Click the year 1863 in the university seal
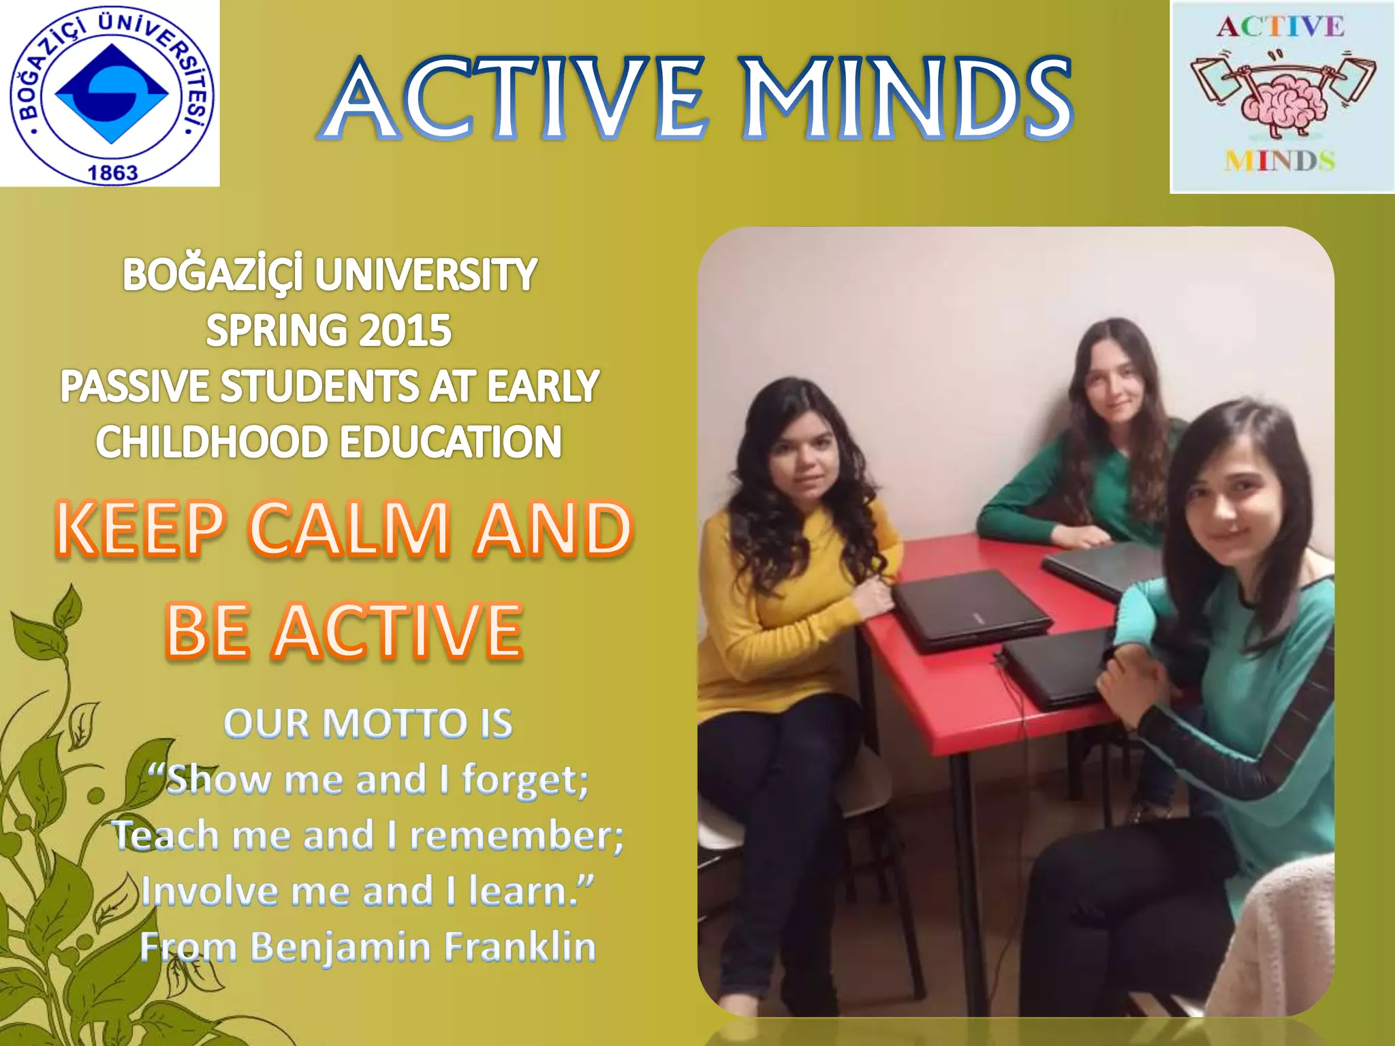tap(112, 172)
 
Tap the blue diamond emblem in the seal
tap(111, 93)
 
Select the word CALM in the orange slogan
tap(349, 528)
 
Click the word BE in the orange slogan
tap(207, 631)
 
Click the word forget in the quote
tap(524, 780)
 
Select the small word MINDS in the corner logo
tap(1279, 161)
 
